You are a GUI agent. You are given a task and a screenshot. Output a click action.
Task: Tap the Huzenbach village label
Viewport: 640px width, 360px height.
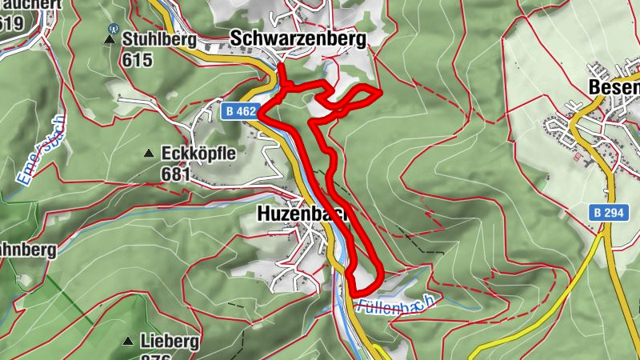coord(293,214)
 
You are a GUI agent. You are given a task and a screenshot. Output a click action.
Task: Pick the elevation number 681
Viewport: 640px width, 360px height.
coord(176,174)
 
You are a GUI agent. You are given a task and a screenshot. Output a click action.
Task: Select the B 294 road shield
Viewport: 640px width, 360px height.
coord(608,213)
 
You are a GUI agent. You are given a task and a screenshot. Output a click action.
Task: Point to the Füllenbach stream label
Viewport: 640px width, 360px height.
coord(396,304)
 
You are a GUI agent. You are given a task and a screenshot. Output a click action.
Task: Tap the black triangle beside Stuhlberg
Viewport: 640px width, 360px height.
coord(110,38)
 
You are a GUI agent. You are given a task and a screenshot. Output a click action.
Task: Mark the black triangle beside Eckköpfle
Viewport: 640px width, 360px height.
coord(148,153)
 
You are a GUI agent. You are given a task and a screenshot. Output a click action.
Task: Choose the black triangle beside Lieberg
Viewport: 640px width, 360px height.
coord(128,342)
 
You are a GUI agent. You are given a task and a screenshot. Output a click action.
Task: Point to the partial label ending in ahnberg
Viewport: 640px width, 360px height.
coord(28,250)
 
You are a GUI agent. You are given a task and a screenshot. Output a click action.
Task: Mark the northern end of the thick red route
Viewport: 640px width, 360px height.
coord(280,66)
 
